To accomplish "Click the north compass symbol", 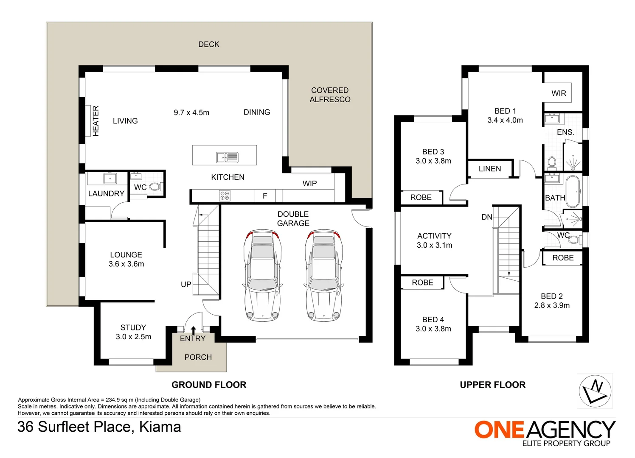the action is tap(595, 391).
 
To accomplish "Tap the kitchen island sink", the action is tap(228, 157).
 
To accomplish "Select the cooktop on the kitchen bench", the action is tap(225, 196).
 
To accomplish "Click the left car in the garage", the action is tap(262, 275).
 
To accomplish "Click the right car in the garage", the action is tap(323, 275).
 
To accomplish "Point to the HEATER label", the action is tap(96, 121).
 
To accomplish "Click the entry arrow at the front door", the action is tap(193, 330).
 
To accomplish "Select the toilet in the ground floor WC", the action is tap(156, 187).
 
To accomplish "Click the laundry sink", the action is tap(110, 179).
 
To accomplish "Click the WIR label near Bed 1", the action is tap(559, 93).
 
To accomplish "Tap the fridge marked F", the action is tap(265, 196).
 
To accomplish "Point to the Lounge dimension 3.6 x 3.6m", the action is tap(126, 264).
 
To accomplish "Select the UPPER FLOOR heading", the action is tap(493, 385).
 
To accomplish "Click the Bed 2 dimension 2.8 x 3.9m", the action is tap(552, 305).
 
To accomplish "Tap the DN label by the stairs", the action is tap(487, 217).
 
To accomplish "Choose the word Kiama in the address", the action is tap(160, 427).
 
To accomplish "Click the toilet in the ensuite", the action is tap(551, 163).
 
